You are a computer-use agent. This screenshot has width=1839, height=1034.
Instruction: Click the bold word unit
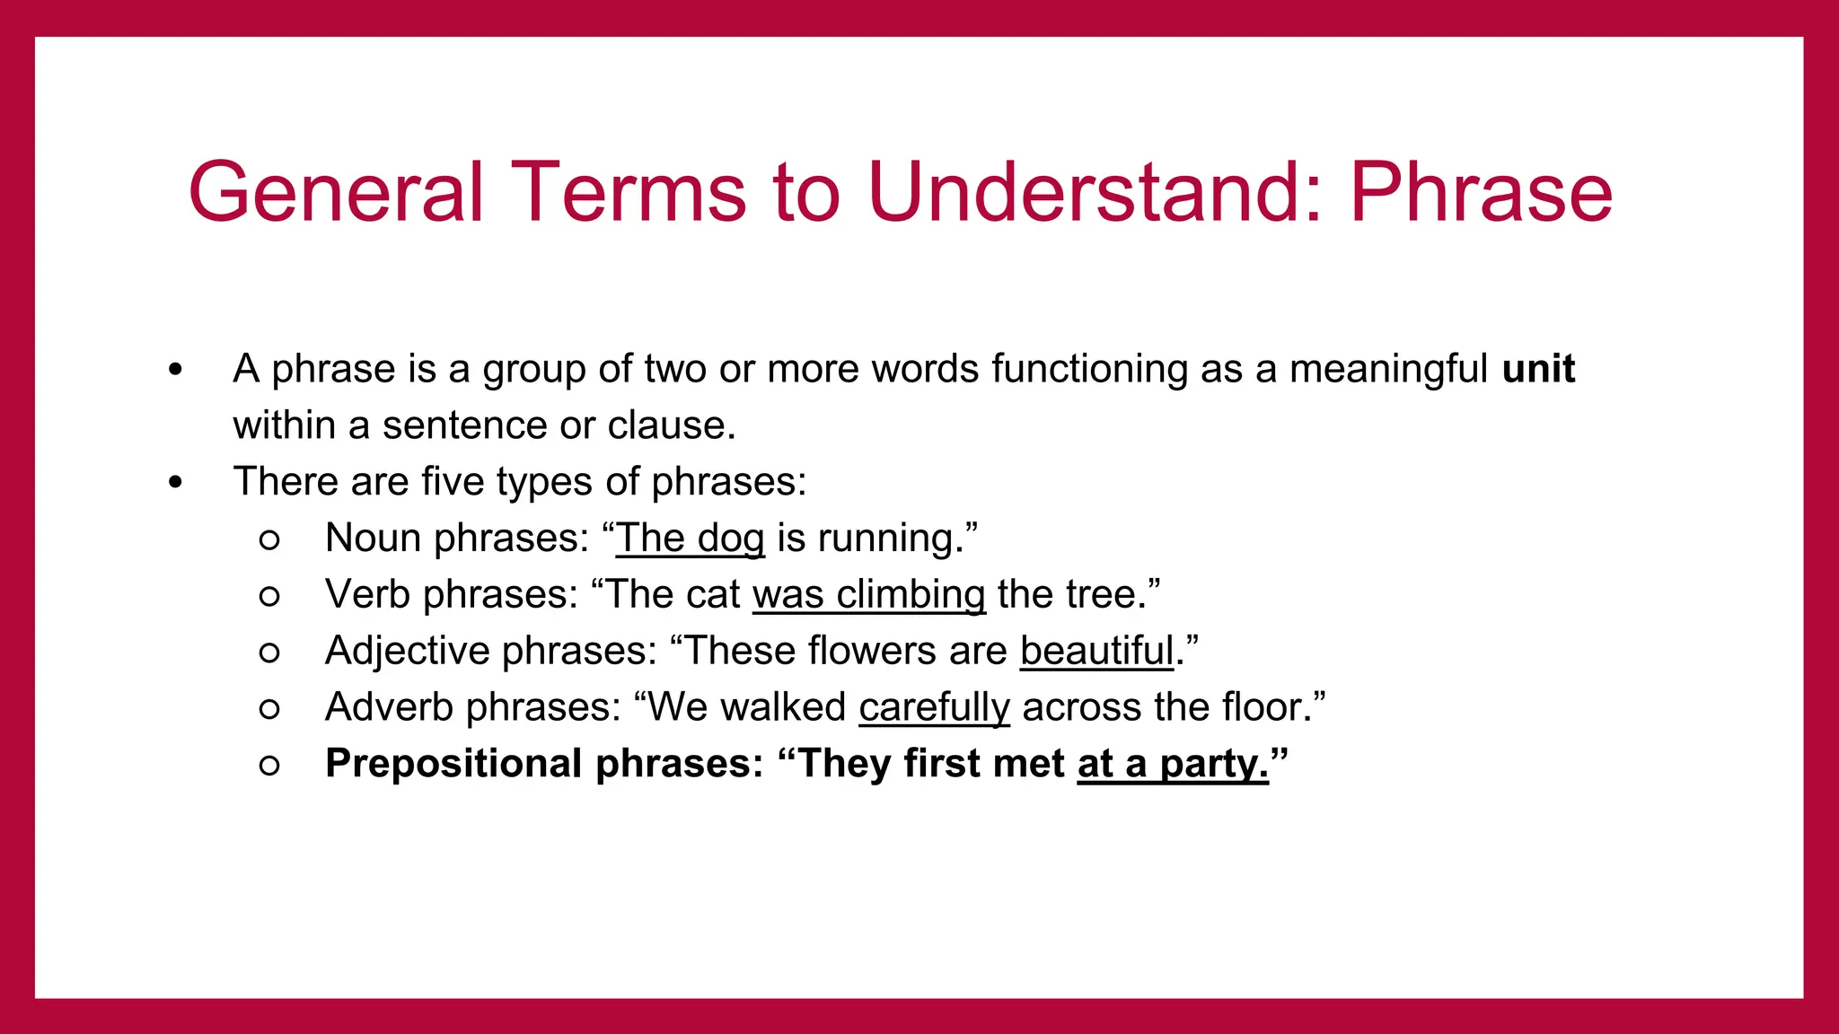click(x=1538, y=369)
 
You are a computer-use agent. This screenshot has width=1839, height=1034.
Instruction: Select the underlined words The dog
click(x=690, y=539)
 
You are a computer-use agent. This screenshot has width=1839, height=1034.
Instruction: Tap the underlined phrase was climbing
click(x=868, y=595)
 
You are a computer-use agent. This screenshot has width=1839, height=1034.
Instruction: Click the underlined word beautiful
click(x=1096, y=651)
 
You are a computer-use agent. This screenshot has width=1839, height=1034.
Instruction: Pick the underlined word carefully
click(x=934, y=707)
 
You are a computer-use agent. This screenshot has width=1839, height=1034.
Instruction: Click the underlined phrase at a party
click(x=1172, y=764)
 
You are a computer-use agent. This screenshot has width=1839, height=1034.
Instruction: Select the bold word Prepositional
click(x=454, y=764)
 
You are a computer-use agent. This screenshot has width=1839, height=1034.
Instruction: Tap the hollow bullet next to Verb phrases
click(x=269, y=596)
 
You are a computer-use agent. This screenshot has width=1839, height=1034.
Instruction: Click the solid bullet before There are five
click(x=175, y=483)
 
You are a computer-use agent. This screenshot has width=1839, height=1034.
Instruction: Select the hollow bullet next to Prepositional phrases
click(x=269, y=765)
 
